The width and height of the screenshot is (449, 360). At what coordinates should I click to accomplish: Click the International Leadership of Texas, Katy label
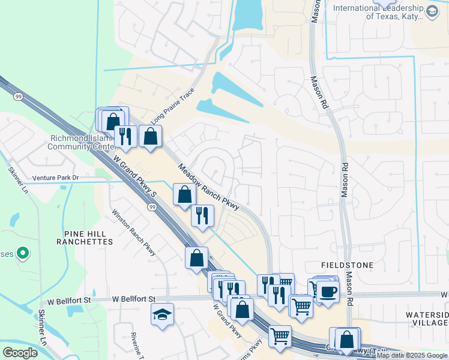(x=379, y=12)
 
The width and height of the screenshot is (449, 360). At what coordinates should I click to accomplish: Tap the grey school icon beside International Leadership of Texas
(x=432, y=11)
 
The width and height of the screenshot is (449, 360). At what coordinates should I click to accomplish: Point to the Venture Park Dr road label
(x=56, y=178)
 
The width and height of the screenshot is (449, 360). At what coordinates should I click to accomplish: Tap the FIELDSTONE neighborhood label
(x=347, y=265)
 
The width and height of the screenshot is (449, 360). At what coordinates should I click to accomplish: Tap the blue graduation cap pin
(x=162, y=314)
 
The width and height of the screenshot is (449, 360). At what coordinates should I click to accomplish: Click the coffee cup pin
(x=328, y=292)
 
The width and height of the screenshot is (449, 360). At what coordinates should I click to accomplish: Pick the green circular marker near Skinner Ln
(x=23, y=254)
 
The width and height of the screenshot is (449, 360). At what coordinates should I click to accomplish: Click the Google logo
(x=20, y=353)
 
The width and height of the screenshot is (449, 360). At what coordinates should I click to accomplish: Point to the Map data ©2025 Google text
(x=412, y=355)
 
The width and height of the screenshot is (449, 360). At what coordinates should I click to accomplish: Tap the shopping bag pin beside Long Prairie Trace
(x=150, y=136)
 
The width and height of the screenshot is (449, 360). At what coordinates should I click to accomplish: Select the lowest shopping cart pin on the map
(x=280, y=337)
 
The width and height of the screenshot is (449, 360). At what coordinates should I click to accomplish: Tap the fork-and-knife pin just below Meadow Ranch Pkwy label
(x=202, y=215)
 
